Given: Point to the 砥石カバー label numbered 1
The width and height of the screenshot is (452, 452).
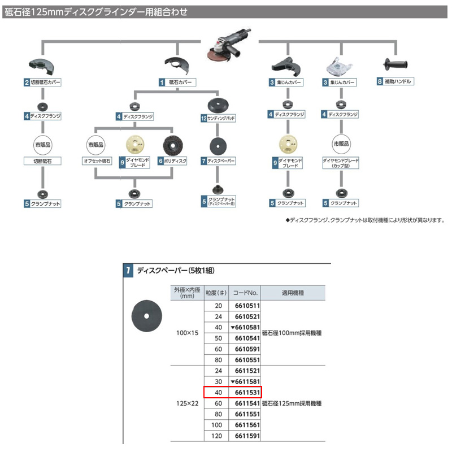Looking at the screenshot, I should pos(179,82).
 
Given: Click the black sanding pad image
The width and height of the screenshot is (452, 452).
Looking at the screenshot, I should pos(218,105).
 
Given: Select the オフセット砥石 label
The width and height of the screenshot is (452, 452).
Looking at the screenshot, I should pos(97,161).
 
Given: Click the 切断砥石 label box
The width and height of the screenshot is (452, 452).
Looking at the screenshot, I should pos(42,161).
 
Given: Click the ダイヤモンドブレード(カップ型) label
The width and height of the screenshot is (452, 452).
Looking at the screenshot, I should pos(341,164).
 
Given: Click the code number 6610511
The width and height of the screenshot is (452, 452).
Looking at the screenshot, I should pos(246,306).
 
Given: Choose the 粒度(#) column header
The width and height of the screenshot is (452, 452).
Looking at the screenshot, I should pos(215,293).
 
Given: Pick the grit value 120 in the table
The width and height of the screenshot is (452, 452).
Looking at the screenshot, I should pos(215,436).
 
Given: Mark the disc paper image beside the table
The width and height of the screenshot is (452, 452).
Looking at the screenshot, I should pos(145,314).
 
